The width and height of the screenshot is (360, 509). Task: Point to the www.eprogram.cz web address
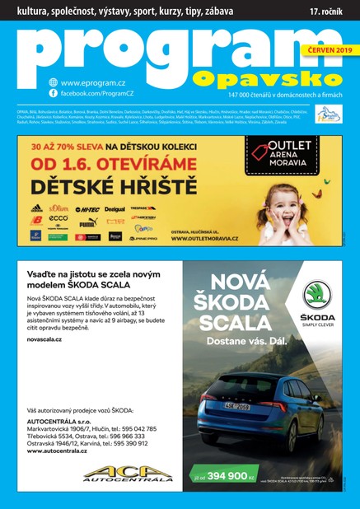(x=91, y=82)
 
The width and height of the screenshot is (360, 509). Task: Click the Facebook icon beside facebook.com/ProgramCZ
(x=54, y=95)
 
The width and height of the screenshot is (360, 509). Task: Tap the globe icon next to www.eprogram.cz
(x=54, y=82)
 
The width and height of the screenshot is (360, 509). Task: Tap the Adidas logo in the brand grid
(x=36, y=209)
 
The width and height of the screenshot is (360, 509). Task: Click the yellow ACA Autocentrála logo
(x=128, y=474)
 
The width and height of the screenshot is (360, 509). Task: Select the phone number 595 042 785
(x=136, y=428)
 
